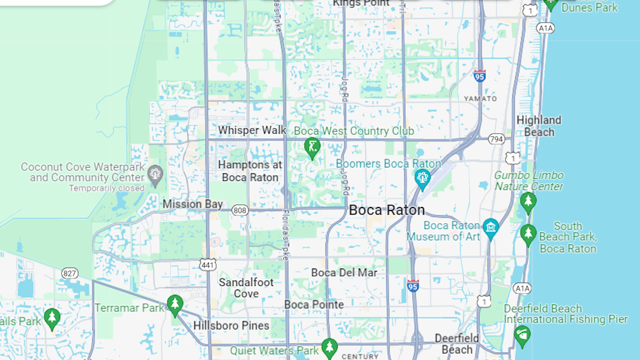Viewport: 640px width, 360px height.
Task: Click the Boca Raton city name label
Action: (x=386, y=210)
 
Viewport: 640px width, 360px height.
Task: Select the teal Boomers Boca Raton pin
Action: (x=422, y=178)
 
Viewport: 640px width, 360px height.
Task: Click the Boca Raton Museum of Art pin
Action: (x=490, y=228)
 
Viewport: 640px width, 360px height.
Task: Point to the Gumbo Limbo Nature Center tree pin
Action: (x=528, y=202)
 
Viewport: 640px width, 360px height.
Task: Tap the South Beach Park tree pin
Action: (x=528, y=234)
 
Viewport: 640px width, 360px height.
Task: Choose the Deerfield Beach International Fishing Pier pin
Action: (x=522, y=335)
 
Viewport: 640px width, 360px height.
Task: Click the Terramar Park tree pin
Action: (x=174, y=304)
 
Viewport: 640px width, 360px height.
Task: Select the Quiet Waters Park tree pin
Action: (x=329, y=347)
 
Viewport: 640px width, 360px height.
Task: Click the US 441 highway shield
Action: (x=207, y=264)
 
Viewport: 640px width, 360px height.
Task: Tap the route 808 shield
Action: (x=240, y=210)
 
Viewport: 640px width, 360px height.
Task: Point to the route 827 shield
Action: (x=69, y=273)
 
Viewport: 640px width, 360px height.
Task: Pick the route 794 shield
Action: (x=496, y=139)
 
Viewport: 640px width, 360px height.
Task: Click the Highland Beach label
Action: (x=538, y=126)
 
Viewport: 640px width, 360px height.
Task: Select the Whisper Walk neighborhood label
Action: (x=252, y=130)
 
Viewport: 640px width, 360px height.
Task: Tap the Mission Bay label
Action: (x=192, y=204)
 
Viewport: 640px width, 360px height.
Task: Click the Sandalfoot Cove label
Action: (x=246, y=288)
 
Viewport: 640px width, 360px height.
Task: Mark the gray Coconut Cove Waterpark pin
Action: (x=155, y=174)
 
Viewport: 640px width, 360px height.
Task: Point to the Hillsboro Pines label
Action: (x=231, y=325)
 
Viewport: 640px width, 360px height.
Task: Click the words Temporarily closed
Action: (x=106, y=188)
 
